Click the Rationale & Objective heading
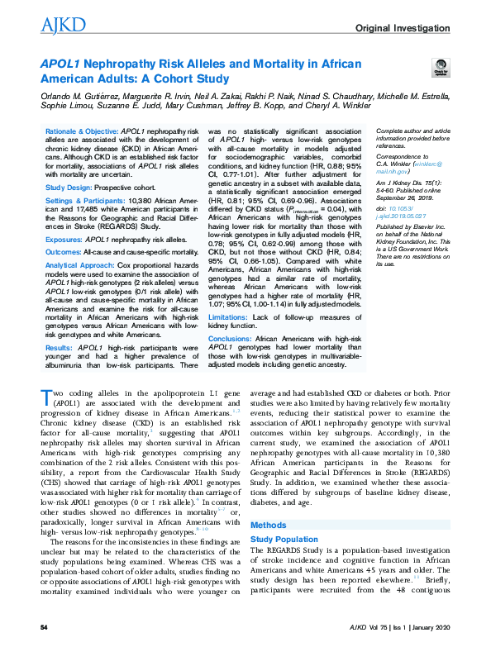point(83,131)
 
